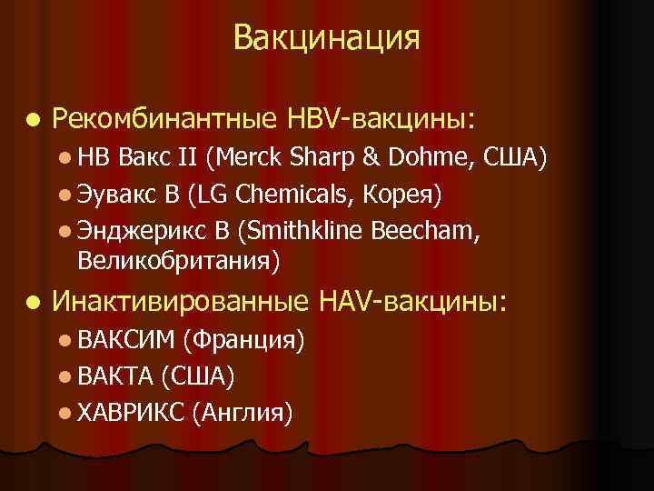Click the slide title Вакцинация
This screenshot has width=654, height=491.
(326, 38)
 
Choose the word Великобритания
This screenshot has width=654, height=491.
(178, 260)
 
